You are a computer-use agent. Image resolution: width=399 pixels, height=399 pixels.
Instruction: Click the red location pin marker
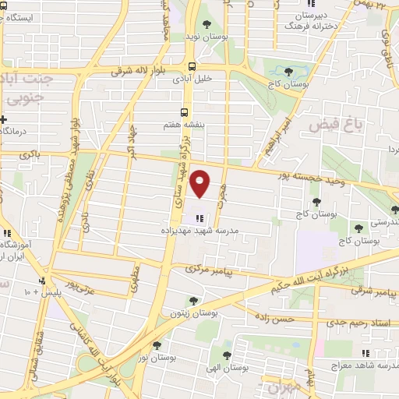201,184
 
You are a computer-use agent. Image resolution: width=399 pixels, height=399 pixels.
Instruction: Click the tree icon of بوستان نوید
207,23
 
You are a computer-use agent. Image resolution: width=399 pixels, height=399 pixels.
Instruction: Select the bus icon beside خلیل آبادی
192,66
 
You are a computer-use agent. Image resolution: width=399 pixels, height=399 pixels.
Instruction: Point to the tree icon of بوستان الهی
227,355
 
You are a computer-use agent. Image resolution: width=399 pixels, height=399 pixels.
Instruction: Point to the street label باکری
29,156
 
